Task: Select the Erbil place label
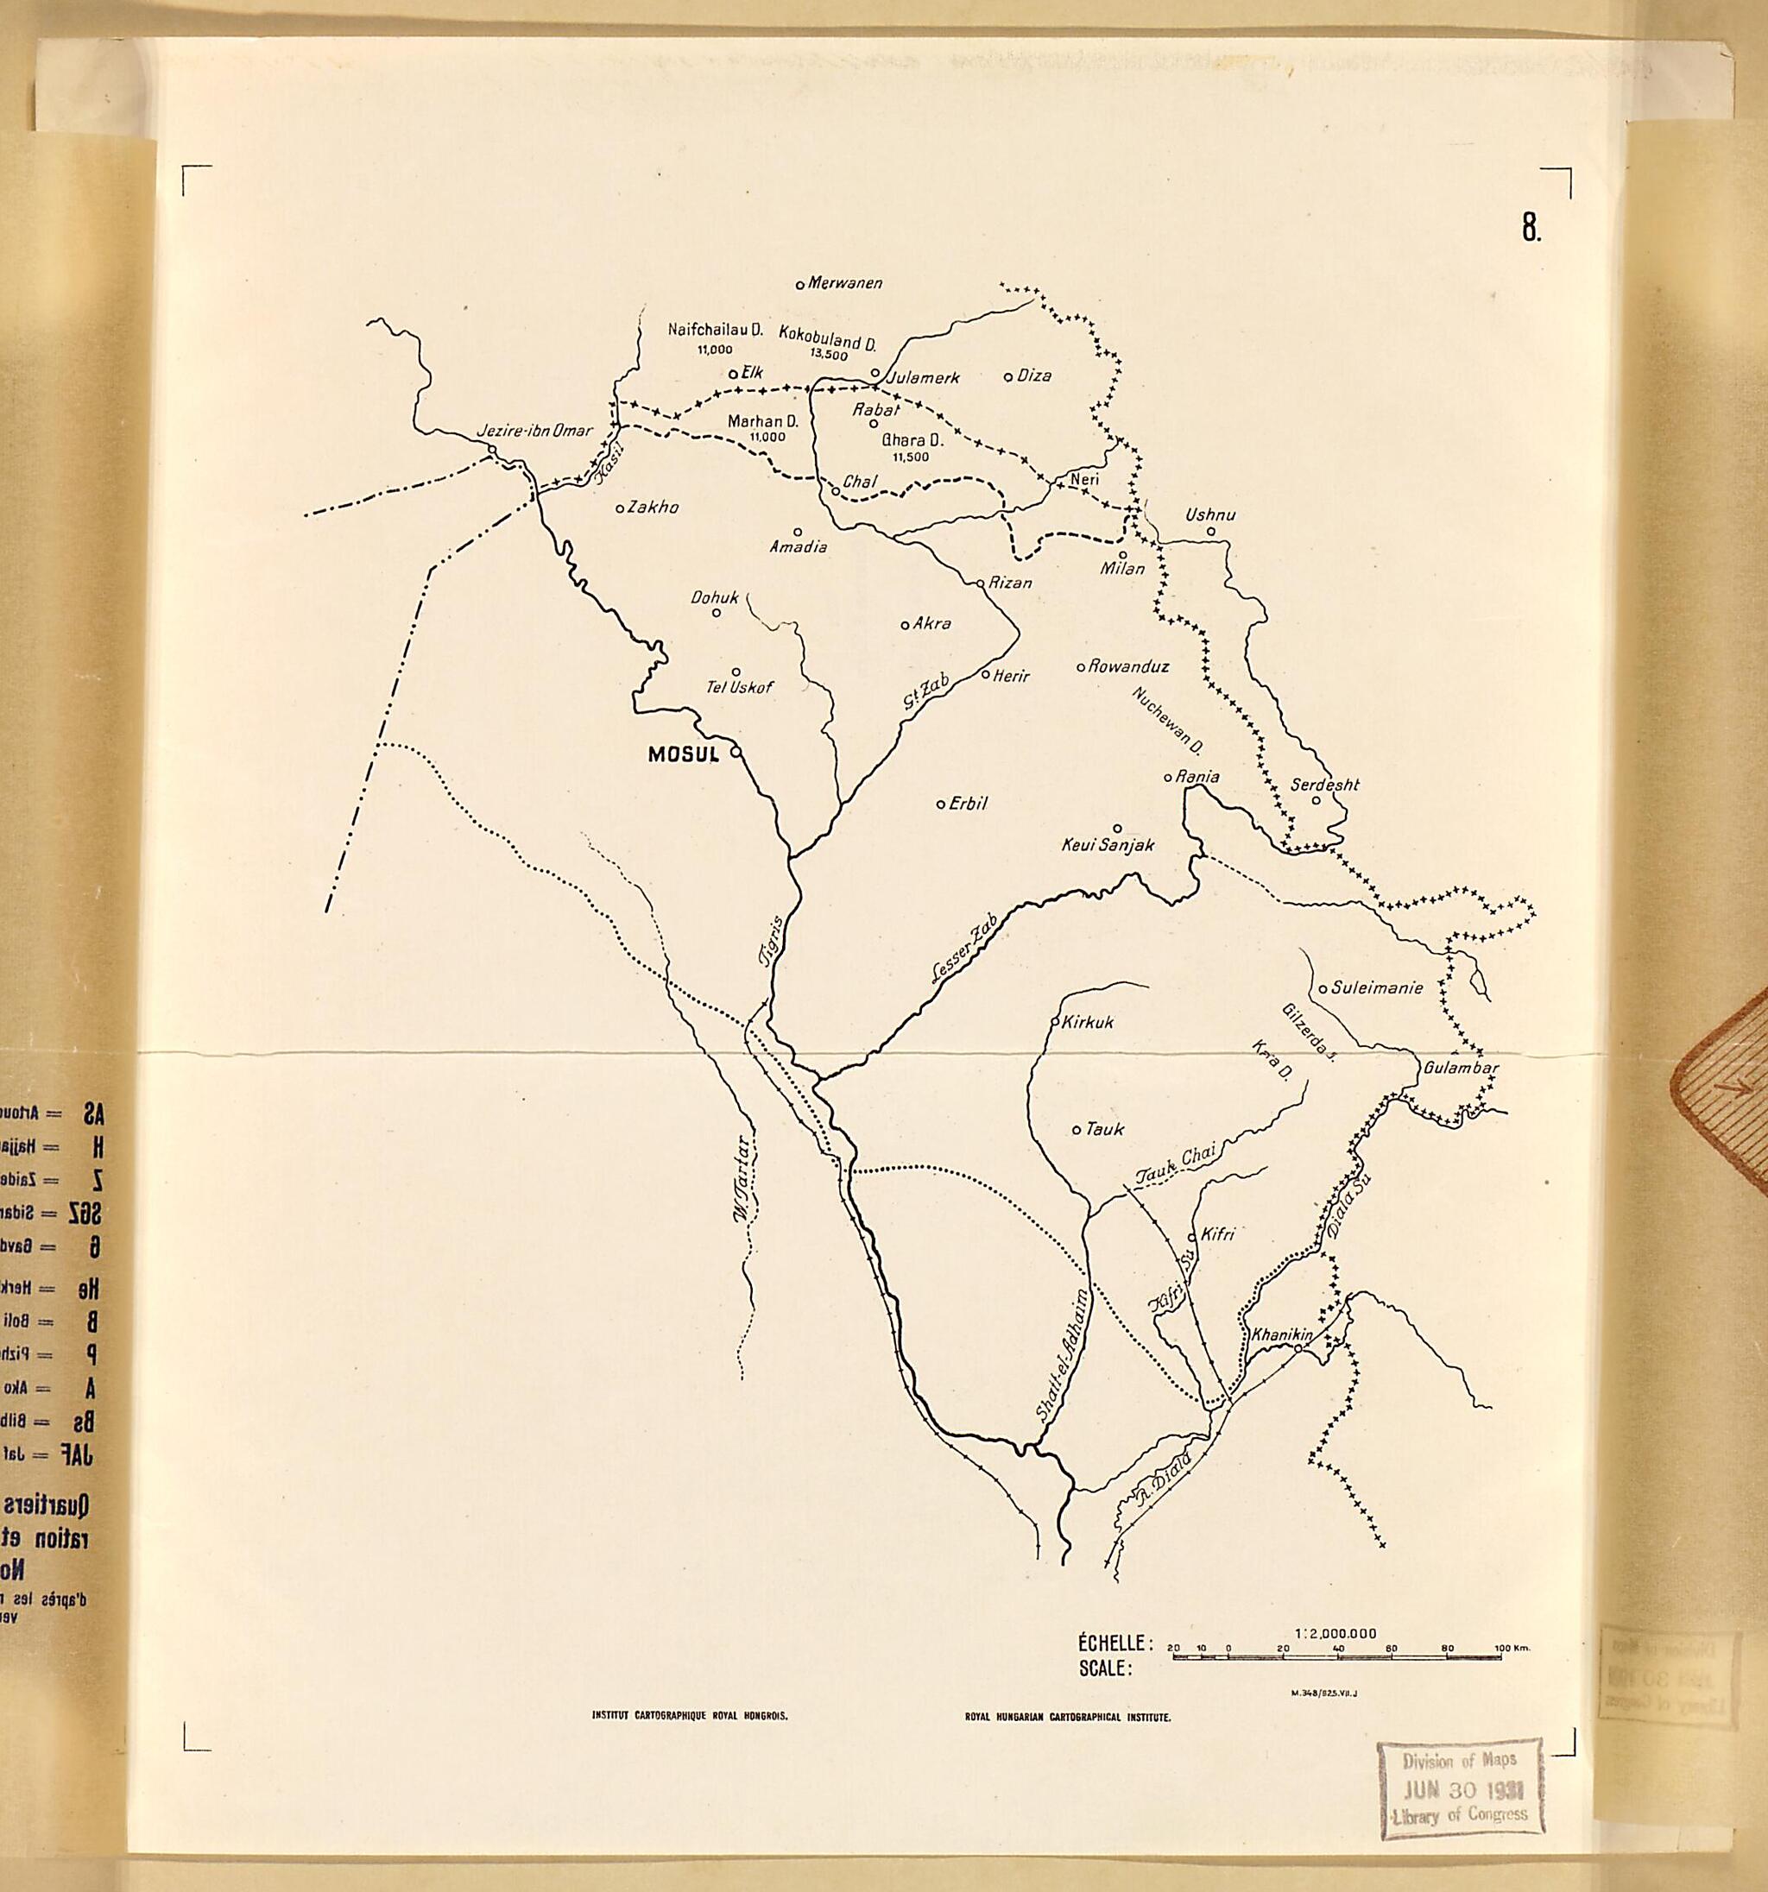click(969, 804)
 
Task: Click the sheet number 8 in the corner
click(1530, 228)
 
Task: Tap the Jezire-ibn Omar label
click(534, 431)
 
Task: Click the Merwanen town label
click(844, 282)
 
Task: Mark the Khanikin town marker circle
click(1298, 1346)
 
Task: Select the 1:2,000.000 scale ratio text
click(1335, 1633)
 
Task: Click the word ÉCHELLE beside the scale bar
click(1114, 1643)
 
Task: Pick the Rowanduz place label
click(1128, 666)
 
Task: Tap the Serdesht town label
click(1324, 785)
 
